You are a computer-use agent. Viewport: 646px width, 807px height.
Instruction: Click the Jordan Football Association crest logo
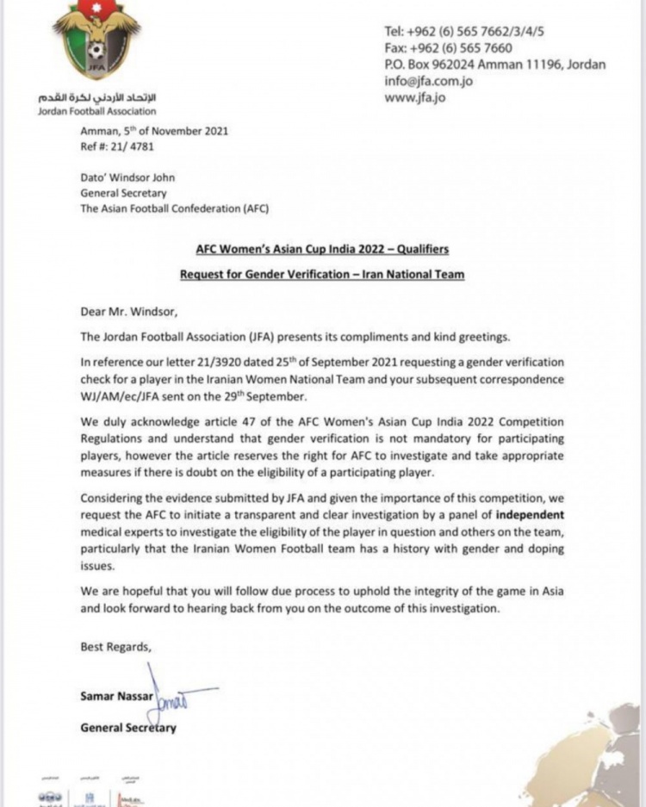(x=84, y=43)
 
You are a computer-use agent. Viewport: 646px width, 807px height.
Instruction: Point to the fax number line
(x=448, y=48)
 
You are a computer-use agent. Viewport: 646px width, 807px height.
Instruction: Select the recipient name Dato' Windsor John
(x=127, y=178)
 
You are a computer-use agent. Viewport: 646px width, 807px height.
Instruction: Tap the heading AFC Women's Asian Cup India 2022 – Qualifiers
(x=321, y=250)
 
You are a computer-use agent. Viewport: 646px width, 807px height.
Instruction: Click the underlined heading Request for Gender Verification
(x=322, y=276)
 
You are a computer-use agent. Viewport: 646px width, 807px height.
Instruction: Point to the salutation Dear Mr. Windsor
(x=123, y=313)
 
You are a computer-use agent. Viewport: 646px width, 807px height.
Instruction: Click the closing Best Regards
(x=115, y=646)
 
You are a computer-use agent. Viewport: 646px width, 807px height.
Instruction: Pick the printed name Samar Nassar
(x=117, y=695)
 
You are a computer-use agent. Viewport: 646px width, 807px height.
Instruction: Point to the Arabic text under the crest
(x=95, y=97)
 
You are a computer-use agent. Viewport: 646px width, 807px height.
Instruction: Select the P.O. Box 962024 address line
(x=494, y=65)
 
